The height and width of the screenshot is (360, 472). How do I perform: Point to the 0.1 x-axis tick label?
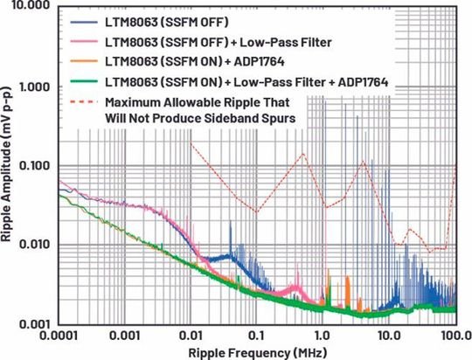pos(258,336)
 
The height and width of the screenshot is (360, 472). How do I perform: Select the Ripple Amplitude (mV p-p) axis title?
pos(8,166)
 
